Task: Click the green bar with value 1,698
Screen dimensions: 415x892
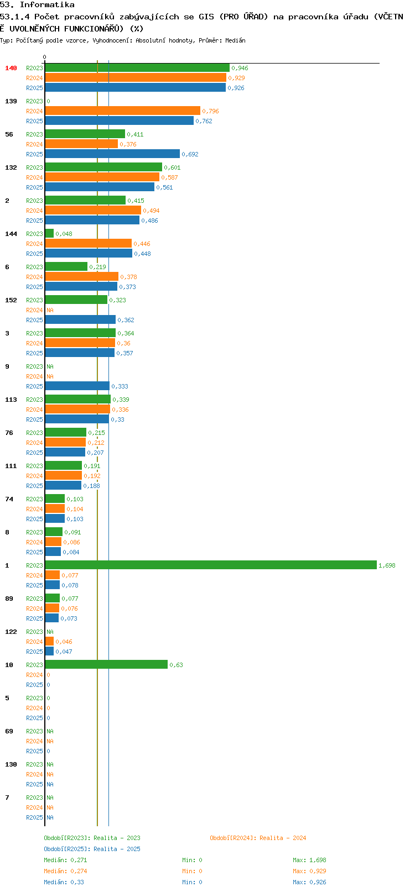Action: (211, 565)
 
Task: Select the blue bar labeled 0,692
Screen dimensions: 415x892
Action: (112, 154)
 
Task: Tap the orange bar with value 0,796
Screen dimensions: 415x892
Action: (123, 111)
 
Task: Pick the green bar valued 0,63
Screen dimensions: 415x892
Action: (106, 664)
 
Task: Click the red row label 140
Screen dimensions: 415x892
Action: (11, 68)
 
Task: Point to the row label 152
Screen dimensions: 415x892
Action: (11, 300)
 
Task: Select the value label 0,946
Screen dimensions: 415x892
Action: (240, 68)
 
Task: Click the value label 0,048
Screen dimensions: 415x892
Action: (64, 234)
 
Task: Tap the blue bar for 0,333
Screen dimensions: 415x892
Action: (77, 385)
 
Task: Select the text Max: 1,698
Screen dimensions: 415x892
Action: (309, 860)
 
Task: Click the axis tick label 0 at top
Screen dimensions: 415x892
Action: (44, 57)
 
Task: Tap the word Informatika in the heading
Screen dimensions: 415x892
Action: (47, 5)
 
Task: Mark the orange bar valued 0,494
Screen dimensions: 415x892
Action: (94, 210)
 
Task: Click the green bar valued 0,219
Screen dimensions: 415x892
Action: (66, 266)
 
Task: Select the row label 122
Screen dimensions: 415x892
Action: (11, 632)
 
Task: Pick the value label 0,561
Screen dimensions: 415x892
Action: (165, 187)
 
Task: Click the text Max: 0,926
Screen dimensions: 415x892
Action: (309, 882)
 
